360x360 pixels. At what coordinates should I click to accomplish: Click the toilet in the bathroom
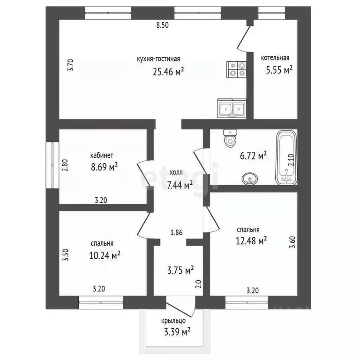230,138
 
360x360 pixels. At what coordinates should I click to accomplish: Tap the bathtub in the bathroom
286,157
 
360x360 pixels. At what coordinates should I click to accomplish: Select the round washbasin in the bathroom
249,179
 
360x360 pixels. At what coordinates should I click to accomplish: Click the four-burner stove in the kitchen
236,69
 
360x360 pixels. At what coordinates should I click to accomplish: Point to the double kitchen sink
232,108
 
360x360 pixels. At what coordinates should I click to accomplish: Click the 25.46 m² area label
168,72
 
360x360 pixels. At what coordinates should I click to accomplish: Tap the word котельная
275,58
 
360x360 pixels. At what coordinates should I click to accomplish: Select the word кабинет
102,156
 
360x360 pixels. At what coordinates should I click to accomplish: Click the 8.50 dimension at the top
163,25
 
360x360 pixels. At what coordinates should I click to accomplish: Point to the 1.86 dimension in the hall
177,232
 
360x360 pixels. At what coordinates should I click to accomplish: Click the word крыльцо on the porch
173,321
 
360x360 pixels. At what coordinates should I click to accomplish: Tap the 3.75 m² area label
180,270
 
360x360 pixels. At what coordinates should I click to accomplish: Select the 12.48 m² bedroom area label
251,240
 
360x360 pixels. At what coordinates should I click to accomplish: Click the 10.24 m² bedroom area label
105,255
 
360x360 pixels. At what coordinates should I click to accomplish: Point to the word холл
176,172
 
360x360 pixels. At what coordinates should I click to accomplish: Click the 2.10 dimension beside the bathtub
291,160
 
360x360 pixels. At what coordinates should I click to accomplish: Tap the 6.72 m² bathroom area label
253,156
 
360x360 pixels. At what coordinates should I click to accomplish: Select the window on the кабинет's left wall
52,165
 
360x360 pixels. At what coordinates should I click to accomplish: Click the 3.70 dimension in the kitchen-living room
70,65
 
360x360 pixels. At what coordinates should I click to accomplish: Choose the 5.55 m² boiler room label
279,69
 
